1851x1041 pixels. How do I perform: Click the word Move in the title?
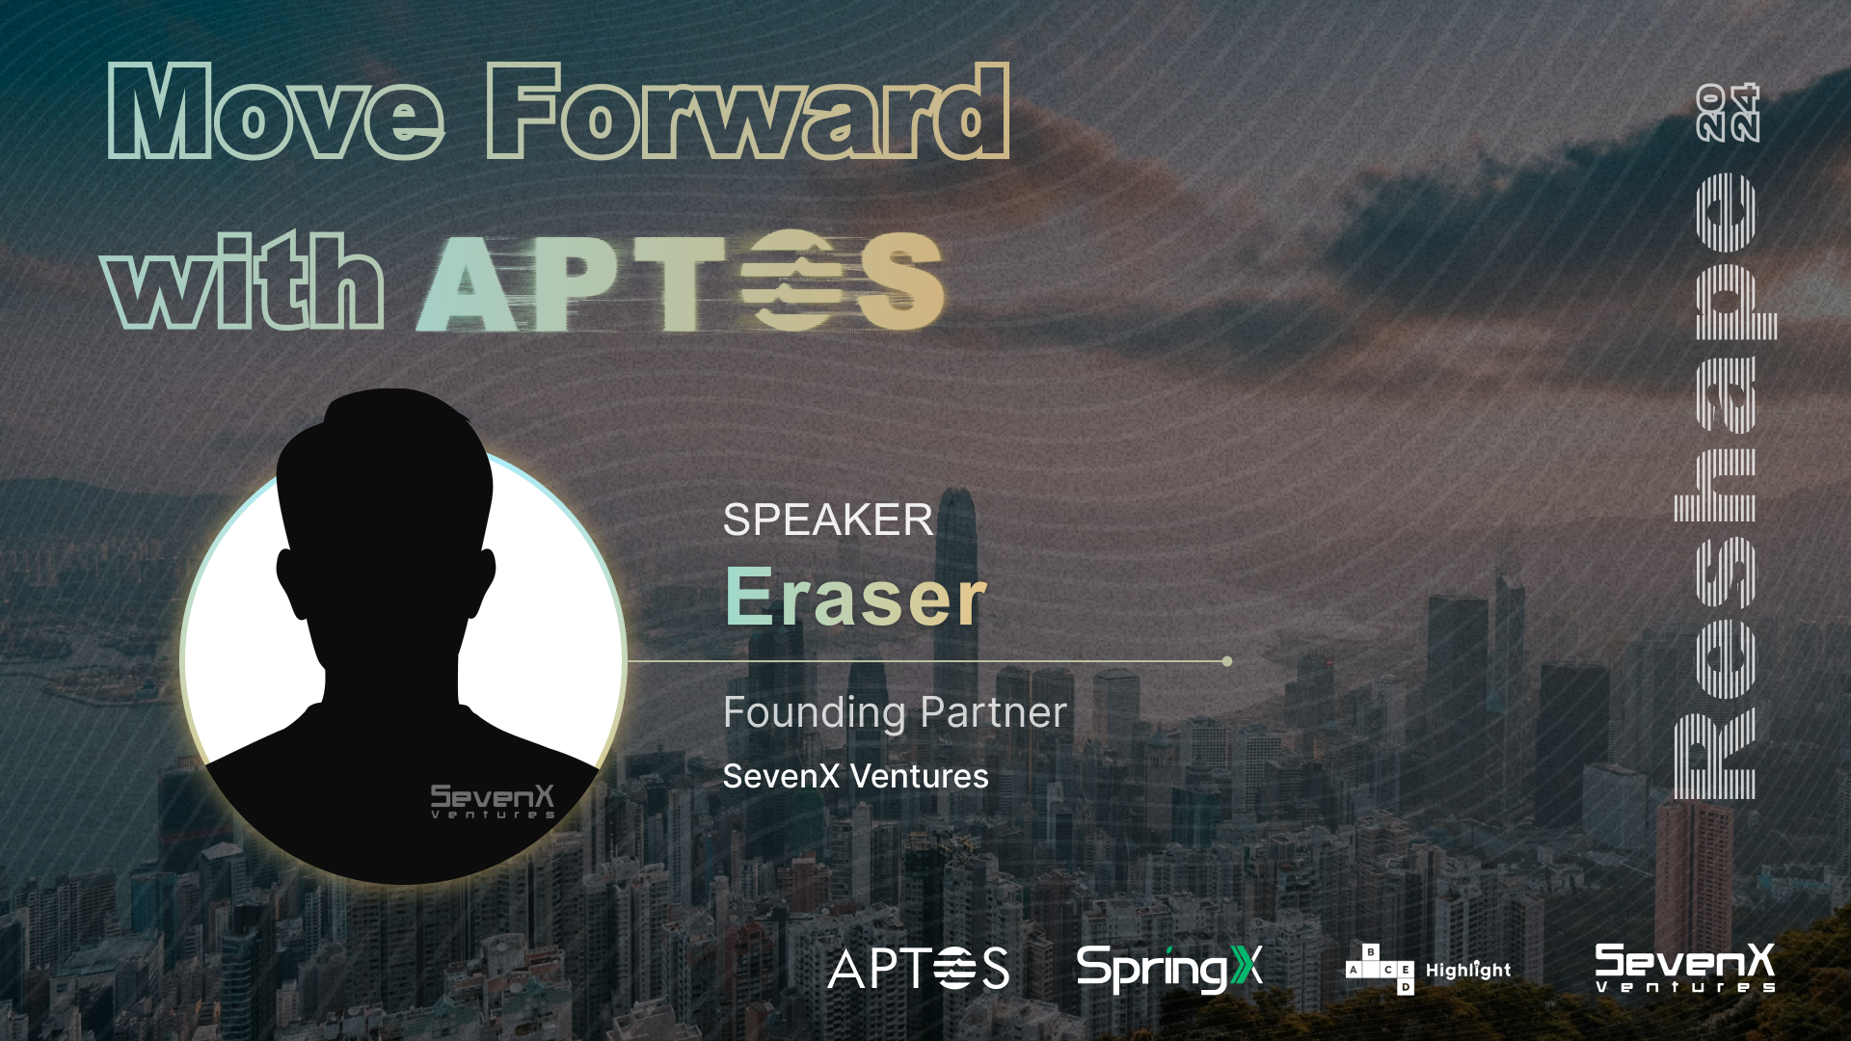click(275, 114)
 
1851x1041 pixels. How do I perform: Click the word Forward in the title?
click(747, 114)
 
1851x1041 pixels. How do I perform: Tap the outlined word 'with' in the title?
click(241, 281)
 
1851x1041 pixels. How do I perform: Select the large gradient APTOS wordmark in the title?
click(680, 281)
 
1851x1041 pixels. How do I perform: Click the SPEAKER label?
click(827, 520)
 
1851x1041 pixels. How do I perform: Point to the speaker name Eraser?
click(855, 598)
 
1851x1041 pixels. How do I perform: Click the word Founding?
click(814, 713)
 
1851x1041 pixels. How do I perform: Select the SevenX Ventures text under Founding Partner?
click(855, 777)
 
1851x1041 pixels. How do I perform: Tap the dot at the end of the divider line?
click(1226, 661)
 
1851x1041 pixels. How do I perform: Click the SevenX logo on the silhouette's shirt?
click(493, 801)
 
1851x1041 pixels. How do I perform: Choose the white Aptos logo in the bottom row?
click(918, 968)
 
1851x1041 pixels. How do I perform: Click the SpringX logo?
click(1168, 968)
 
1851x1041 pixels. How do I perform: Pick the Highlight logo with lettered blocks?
click(1428, 970)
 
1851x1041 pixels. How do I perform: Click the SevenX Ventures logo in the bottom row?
click(1684, 968)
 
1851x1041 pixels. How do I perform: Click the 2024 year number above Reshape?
click(1728, 113)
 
